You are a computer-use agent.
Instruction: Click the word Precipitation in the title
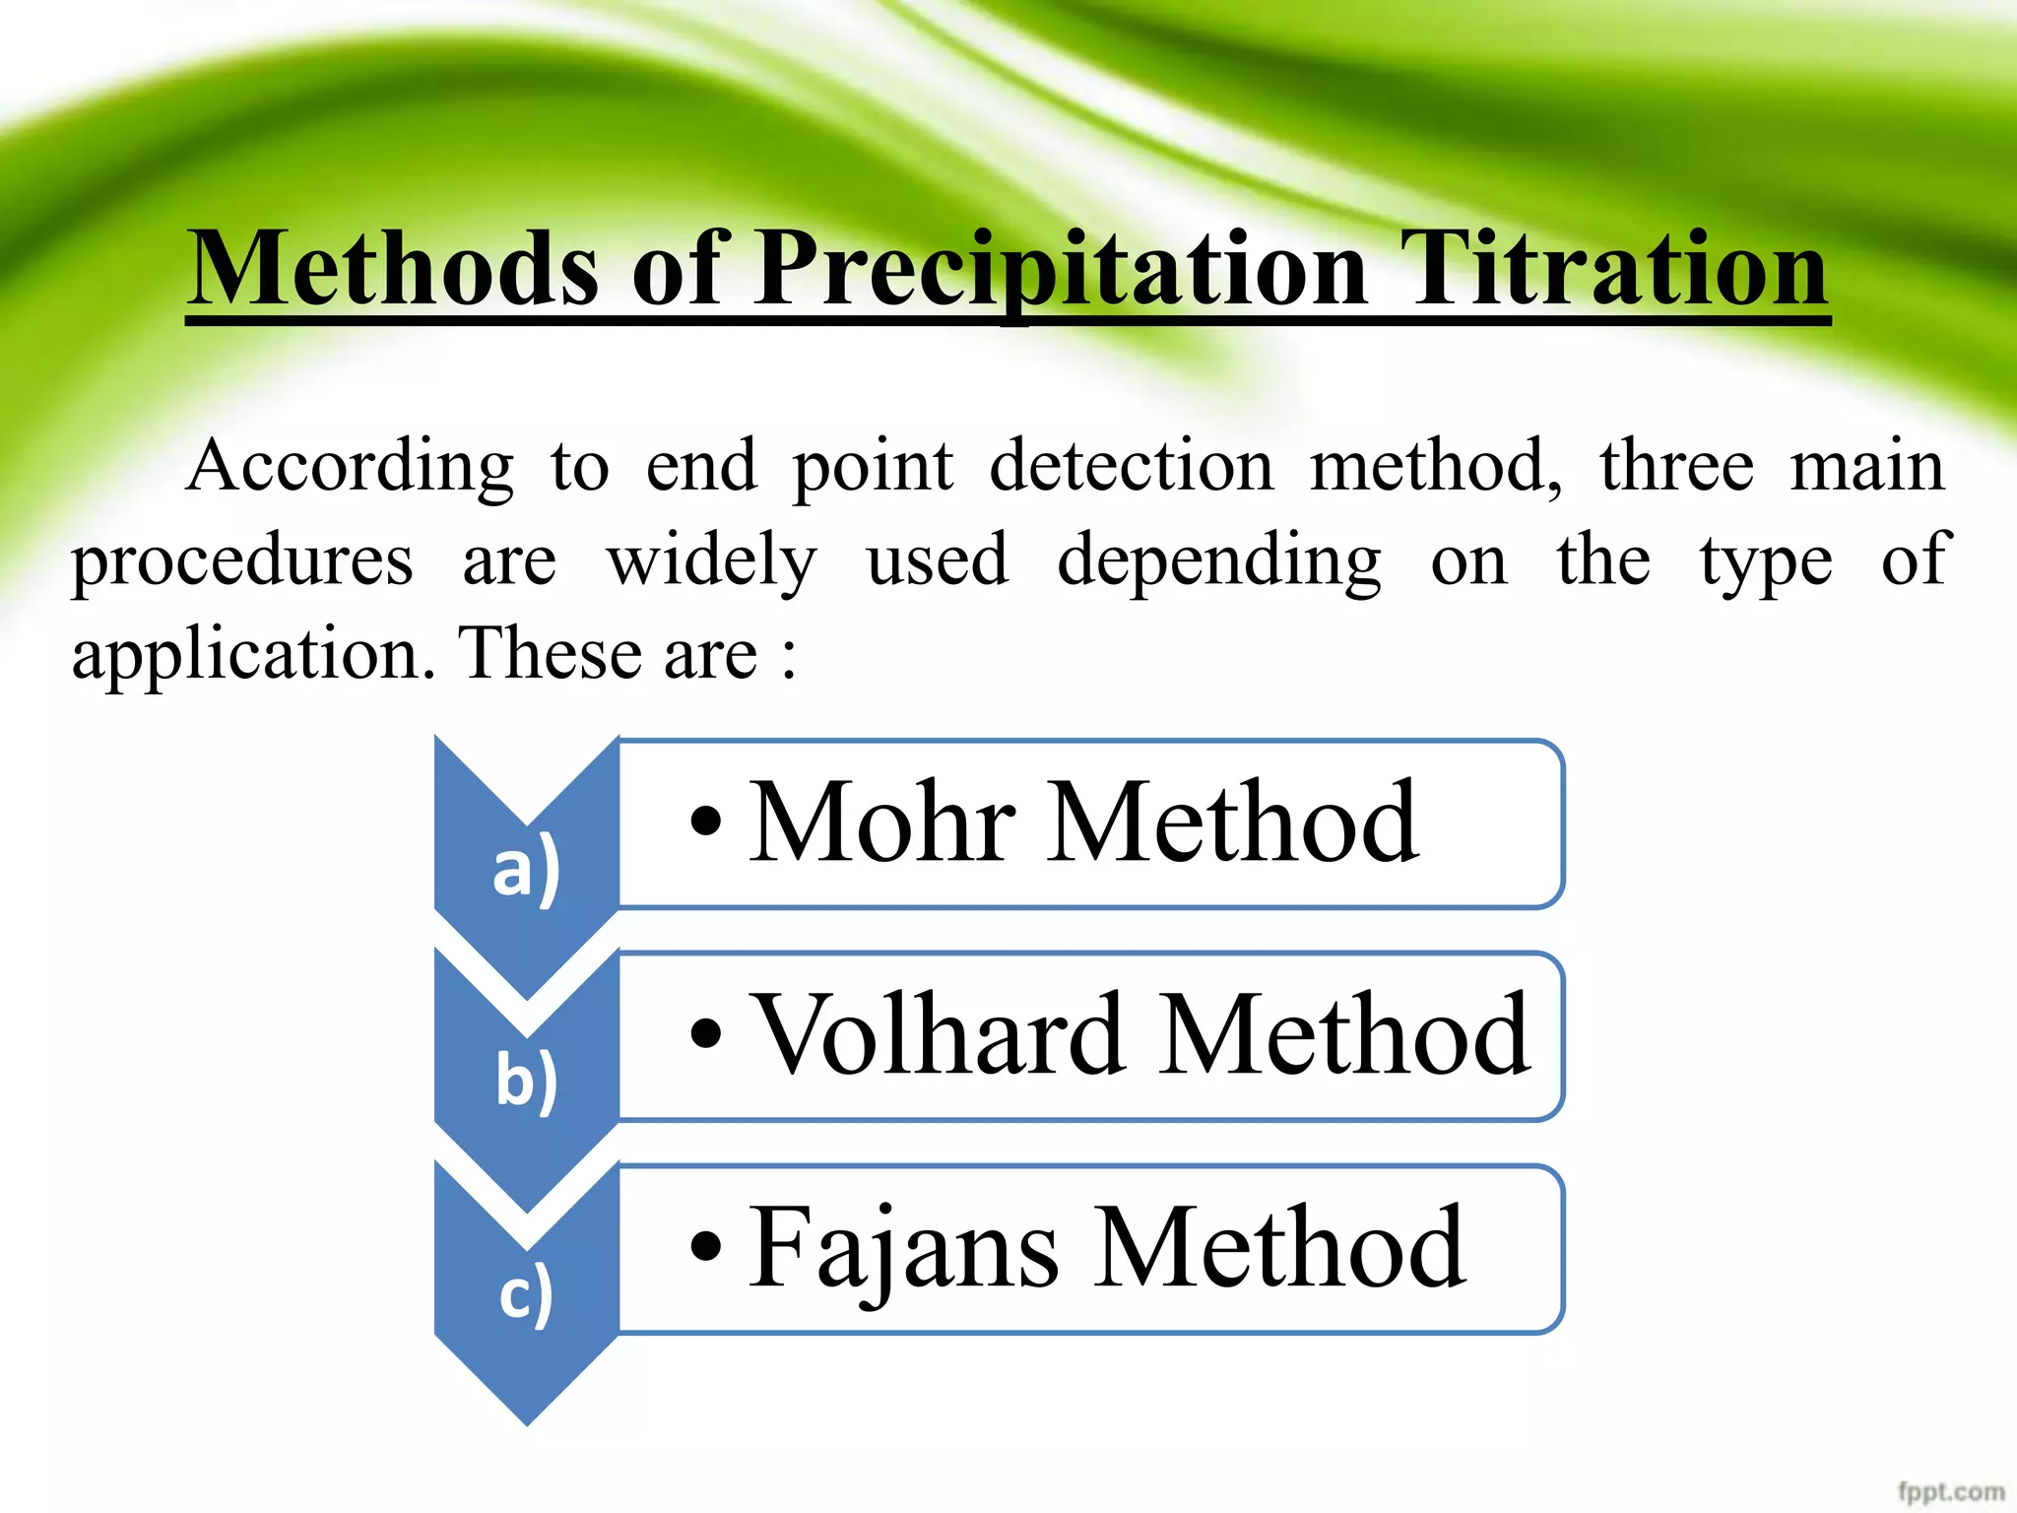pos(1062,269)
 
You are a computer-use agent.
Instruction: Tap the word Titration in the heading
pos(1615,269)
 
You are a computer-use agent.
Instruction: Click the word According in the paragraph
pos(350,466)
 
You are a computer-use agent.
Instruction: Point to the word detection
pos(1131,466)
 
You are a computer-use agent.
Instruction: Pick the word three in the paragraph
pos(1676,466)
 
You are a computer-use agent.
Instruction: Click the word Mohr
pos(881,822)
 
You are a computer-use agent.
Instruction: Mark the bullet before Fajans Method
pos(706,1246)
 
